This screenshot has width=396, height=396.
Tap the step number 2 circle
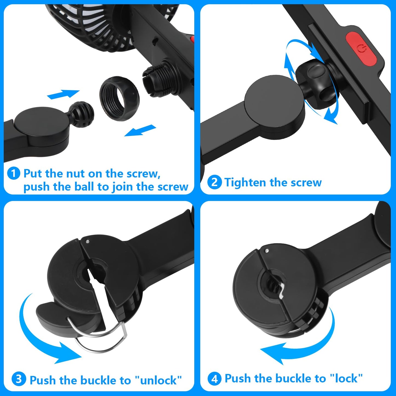pyautogui.click(x=214, y=182)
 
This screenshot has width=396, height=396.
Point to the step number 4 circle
pyautogui.click(x=214, y=379)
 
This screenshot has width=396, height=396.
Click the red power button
pyautogui.click(x=361, y=49)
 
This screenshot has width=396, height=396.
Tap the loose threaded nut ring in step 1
pyautogui.click(x=119, y=99)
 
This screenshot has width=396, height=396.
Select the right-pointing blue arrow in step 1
pyautogui.click(x=63, y=95)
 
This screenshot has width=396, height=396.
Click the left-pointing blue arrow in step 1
pyautogui.click(x=140, y=130)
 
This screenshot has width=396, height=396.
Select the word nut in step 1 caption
pyautogui.click(x=75, y=174)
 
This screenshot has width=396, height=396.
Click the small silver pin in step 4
pyautogui.click(x=267, y=250)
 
